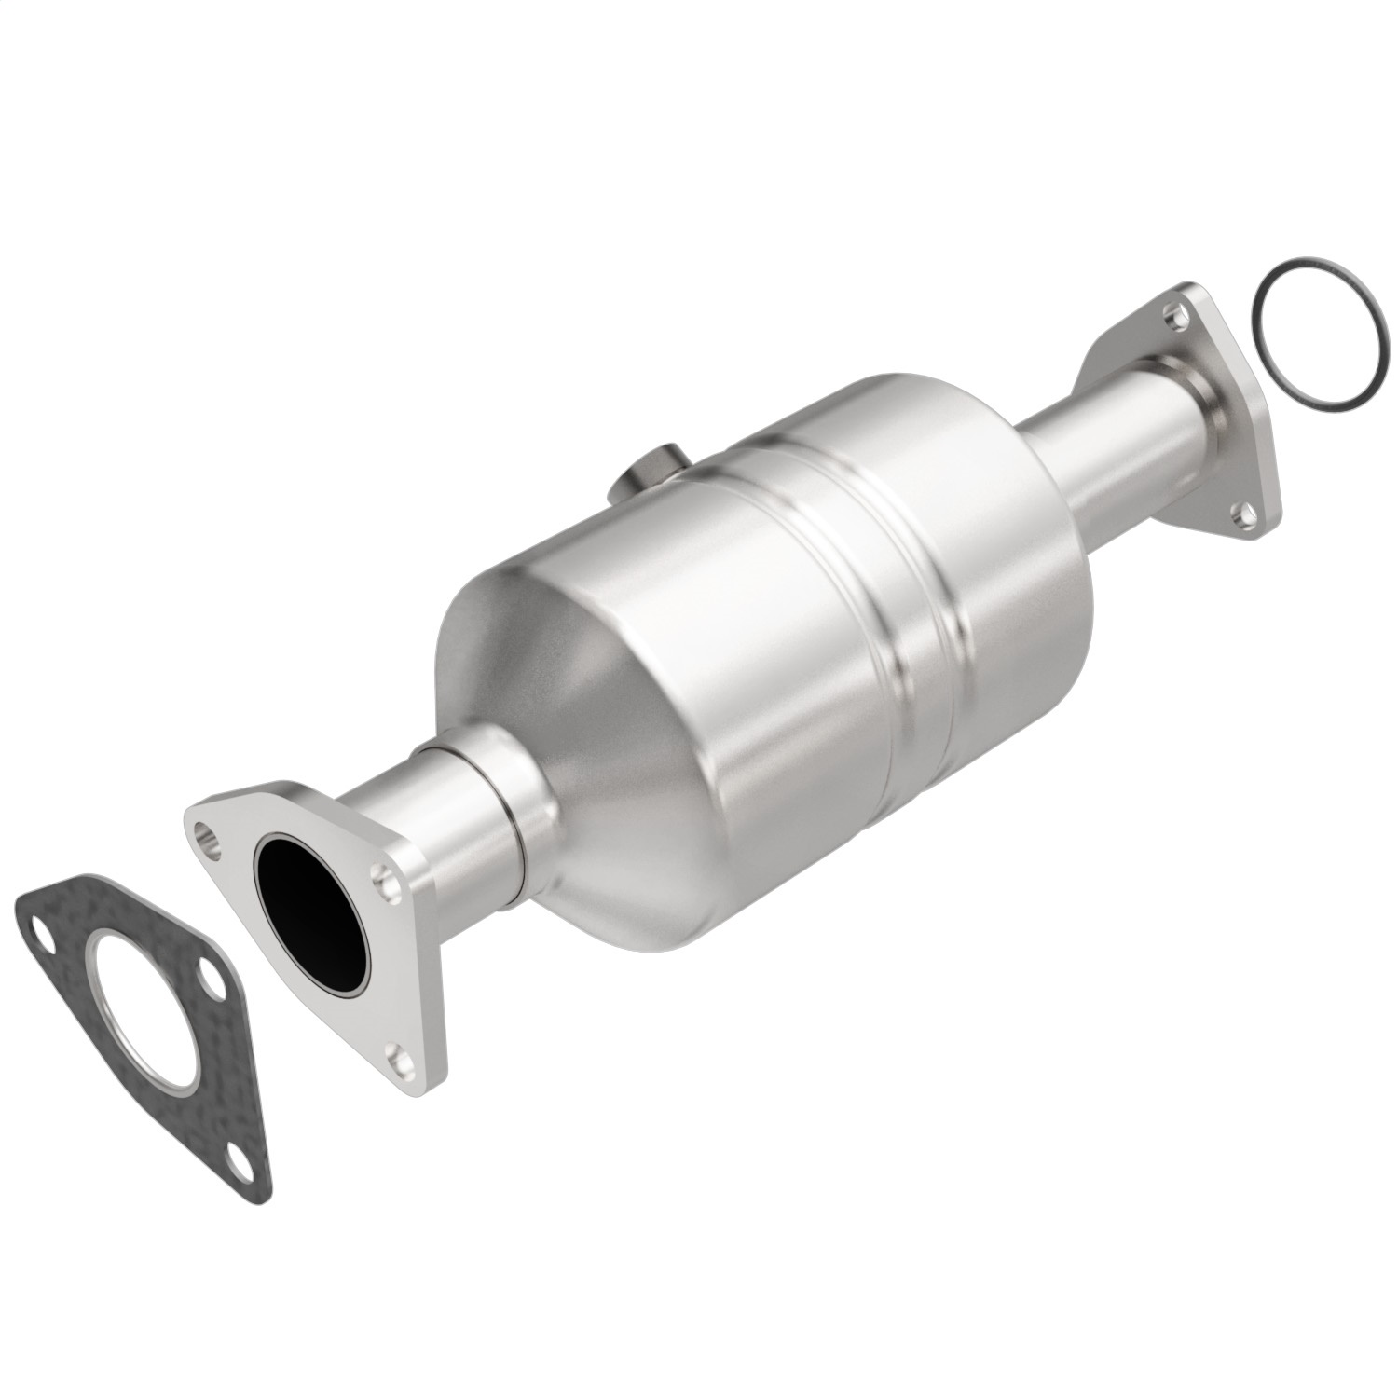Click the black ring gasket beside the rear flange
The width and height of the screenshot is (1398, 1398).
coord(1318,334)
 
